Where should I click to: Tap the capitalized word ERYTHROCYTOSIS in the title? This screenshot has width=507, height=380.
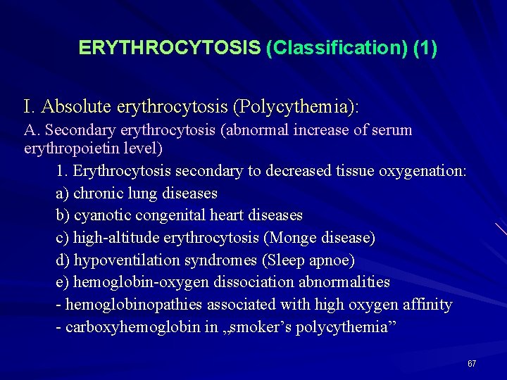(x=170, y=48)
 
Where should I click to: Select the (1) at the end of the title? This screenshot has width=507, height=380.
(x=425, y=48)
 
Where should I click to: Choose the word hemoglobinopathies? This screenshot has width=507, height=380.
(x=133, y=305)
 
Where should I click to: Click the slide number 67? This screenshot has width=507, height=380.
(x=472, y=364)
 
